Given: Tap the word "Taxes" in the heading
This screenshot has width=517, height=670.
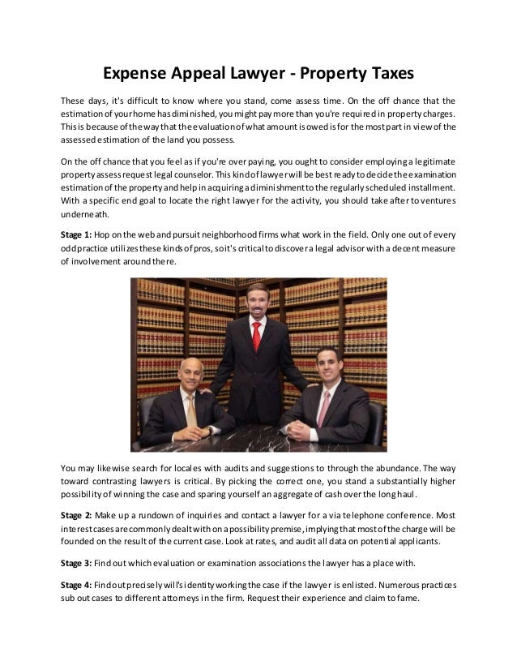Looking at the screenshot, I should [382, 74].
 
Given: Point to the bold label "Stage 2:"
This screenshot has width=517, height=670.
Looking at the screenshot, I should [76, 515].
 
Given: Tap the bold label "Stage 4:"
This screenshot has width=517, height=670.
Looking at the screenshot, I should [76, 586].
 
